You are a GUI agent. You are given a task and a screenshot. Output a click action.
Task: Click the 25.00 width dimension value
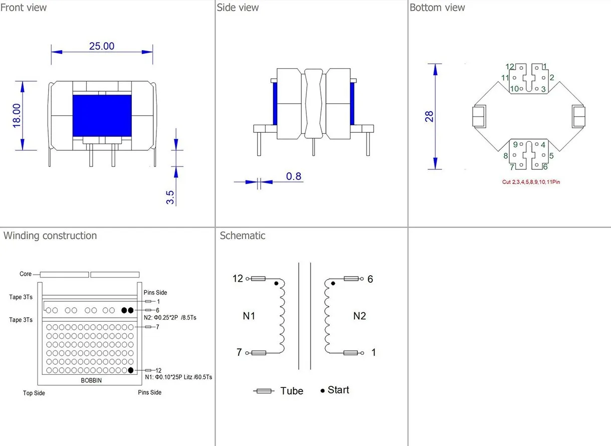pyautogui.click(x=102, y=46)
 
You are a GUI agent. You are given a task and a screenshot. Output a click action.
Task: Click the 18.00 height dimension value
pyautogui.click(x=17, y=115)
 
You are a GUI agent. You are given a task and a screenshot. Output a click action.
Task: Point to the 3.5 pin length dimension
pyautogui.click(x=170, y=196)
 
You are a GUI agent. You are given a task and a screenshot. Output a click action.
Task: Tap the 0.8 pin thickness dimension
pyautogui.click(x=294, y=176)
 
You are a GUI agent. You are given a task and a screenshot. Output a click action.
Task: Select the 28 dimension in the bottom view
pyautogui.click(x=429, y=117)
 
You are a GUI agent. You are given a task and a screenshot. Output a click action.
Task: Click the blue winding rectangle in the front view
pyautogui.click(x=102, y=115)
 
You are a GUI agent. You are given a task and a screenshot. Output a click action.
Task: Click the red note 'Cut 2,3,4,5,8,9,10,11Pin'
pyautogui.click(x=531, y=182)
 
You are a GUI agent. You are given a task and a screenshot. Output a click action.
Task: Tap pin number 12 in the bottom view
pyautogui.click(x=510, y=67)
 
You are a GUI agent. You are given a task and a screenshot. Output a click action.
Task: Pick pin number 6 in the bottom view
pyautogui.click(x=545, y=167)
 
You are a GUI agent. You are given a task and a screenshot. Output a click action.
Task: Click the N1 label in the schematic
pyautogui.click(x=249, y=316)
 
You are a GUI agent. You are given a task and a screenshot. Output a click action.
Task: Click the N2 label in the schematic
pyautogui.click(x=359, y=316)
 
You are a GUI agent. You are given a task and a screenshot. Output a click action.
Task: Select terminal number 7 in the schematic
pyautogui.click(x=240, y=352)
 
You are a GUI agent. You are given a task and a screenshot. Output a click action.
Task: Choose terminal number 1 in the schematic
pyautogui.click(x=373, y=353)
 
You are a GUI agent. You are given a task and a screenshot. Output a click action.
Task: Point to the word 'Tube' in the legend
pyautogui.click(x=292, y=391)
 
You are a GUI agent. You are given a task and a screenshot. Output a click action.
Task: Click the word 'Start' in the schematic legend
pyautogui.click(x=338, y=390)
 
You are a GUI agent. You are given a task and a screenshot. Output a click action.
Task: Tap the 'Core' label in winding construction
pyautogui.click(x=26, y=274)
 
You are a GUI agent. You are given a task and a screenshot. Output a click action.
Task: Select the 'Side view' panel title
pyautogui.click(x=238, y=8)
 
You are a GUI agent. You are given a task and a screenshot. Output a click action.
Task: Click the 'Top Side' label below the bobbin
pyautogui.click(x=34, y=393)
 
